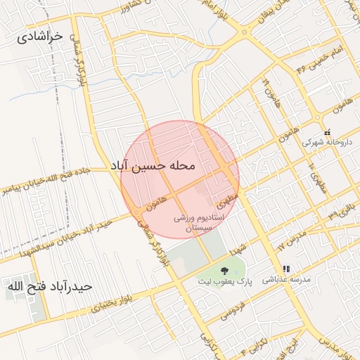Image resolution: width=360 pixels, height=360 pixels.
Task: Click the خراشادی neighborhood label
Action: pyautogui.click(x=39, y=35)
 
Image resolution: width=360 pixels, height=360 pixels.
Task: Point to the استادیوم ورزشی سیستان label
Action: pyautogui.click(x=199, y=224)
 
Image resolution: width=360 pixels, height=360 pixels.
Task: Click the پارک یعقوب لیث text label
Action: pyautogui.click(x=224, y=282)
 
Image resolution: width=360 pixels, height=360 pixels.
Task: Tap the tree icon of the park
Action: pyautogui.click(x=224, y=270)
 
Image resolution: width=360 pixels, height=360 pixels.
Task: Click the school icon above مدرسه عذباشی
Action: pyautogui.click(x=286, y=269)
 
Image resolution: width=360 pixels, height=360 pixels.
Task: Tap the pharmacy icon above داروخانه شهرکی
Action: pyautogui.click(x=327, y=131)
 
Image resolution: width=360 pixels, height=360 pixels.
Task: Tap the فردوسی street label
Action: pyautogui.click(x=233, y=310)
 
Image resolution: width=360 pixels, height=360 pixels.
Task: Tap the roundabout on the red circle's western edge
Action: pyautogui.click(x=134, y=212)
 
